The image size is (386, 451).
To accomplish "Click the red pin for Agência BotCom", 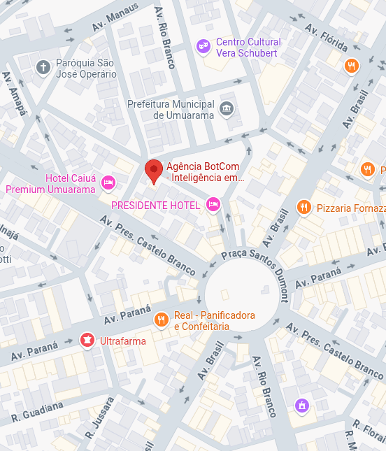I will pyautogui.click(x=154, y=171).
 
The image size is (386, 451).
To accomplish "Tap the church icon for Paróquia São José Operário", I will pyautogui.click(x=43, y=67).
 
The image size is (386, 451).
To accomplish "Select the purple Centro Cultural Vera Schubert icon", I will pyautogui.click(x=203, y=47).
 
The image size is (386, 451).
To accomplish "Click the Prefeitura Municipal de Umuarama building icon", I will pyautogui.click(x=226, y=108).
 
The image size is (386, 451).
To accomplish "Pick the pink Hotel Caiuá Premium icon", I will pyautogui.click(x=108, y=183).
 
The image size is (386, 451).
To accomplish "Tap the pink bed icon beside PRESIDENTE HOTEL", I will pyautogui.click(x=213, y=205).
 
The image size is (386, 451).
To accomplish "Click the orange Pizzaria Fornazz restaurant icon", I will pyautogui.click(x=303, y=208).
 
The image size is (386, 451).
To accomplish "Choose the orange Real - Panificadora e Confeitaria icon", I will pyautogui.click(x=161, y=320).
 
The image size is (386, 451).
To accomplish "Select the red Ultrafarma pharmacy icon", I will pyautogui.click(x=87, y=340).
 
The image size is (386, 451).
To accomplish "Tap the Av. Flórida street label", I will pyautogui.click(x=327, y=36).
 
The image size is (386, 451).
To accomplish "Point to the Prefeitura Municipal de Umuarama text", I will pyautogui.click(x=170, y=110).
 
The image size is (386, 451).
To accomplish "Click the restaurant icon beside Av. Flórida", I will pyautogui.click(x=351, y=66).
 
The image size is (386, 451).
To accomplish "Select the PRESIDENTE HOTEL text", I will pyautogui.click(x=155, y=206).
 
